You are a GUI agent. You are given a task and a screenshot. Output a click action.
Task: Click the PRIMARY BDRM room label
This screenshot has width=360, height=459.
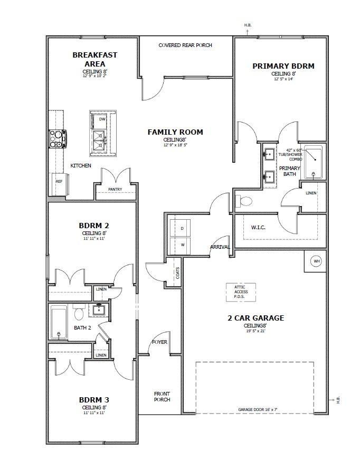pyautogui.click(x=283, y=66)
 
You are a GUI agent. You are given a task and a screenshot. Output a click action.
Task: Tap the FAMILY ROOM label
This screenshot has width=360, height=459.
pyautogui.click(x=175, y=132)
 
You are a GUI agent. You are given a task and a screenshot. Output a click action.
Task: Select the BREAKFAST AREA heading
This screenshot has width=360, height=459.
pyautogui.click(x=95, y=59)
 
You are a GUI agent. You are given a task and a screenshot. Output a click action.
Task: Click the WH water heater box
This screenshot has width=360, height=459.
pyautogui.click(x=316, y=261)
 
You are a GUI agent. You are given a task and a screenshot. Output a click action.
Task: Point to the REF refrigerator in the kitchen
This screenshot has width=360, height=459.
pyautogui.click(x=59, y=181)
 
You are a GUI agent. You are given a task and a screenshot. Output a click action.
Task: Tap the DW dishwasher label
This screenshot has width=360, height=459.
pyautogui.click(x=102, y=119)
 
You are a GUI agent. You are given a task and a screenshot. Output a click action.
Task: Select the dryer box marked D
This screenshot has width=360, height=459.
pyautogui.click(x=182, y=228)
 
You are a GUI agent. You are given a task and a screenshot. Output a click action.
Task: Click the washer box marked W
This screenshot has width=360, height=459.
pyautogui.click(x=182, y=245)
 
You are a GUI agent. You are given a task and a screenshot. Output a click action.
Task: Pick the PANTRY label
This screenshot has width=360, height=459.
pyautogui.click(x=115, y=189)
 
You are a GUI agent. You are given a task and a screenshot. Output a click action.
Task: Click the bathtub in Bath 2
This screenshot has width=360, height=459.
pyautogui.click(x=58, y=323)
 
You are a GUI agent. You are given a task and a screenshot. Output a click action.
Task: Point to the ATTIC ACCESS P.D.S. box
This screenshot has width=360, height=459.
pyautogui.click(x=241, y=292)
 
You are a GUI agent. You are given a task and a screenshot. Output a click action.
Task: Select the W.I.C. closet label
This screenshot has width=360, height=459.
pyautogui.click(x=258, y=228)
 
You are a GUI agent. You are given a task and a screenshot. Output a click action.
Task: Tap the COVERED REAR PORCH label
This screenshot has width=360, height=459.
pyautogui.click(x=185, y=45)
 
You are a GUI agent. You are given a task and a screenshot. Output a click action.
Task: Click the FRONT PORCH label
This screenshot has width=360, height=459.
pyautogui.click(x=162, y=397)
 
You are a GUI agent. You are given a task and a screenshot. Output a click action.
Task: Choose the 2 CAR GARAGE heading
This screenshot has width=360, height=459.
pyautogui.click(x=255, y=318)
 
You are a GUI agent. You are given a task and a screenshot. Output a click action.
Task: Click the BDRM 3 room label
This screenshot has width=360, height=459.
pyautogui.click(x=94, y=399)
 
